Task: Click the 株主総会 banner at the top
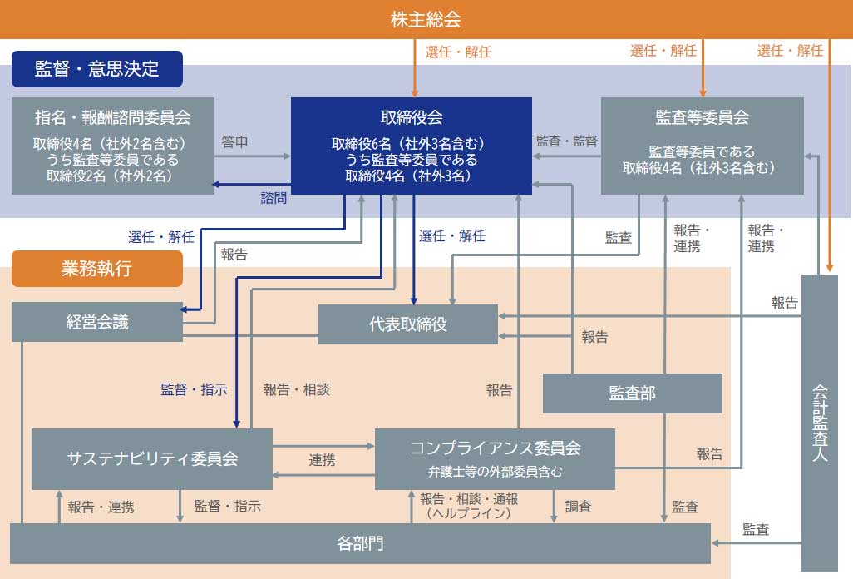click(x=426, y=19)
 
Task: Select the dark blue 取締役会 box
click(x=411, y=146)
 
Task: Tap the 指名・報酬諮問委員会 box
click(x=113, y=146)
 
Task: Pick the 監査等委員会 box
click(x=702, y=146)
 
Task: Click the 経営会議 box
click(x=97, y=322)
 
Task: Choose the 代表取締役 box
click(x=408, y=324)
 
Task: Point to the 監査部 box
click(x=632, y=393)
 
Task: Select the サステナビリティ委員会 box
click(x=152, y=458)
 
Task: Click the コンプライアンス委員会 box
click(x=495, y=458)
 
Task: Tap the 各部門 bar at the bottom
click(x=361, y=543)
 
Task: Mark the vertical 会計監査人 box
click(x=820, y=422)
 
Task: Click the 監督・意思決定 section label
click(x=96, y=68)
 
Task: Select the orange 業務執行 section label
click(x=96, y=268)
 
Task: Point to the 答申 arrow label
click(x=234, y=142)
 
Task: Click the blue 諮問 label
click(x=274, y=198)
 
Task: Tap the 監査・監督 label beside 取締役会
click(x=566, y=141)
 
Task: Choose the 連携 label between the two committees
click(x=323, y=459)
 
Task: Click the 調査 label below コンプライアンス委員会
click(x=579, y=506)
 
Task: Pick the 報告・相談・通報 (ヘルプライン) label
click(x=469, y=506)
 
